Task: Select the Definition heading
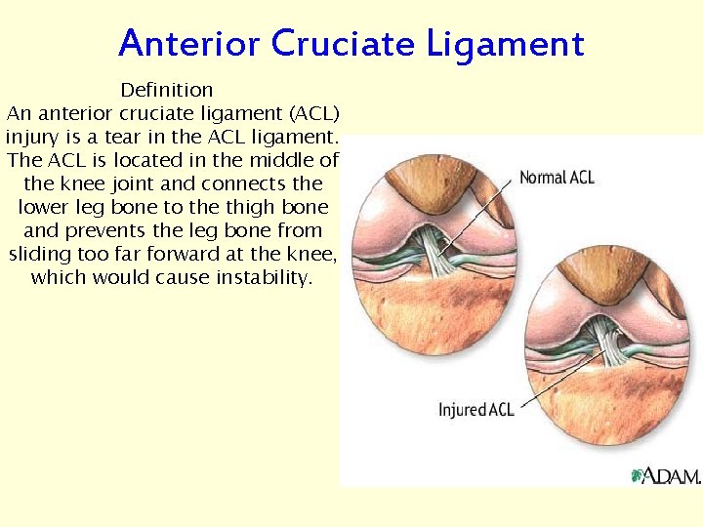[x=166, y=91]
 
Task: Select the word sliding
[x=39, y=255]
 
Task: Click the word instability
[x=261, y=278]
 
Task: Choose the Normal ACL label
[x=557, y=178]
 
